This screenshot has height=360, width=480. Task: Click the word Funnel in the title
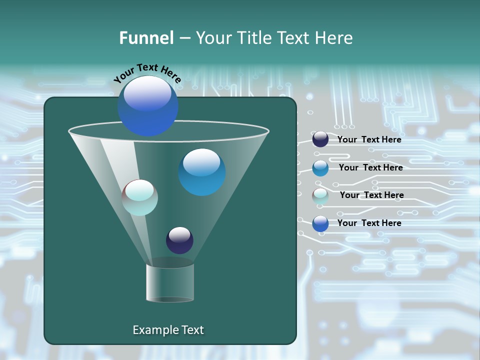pos(146,38)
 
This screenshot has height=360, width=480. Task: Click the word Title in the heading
pos(254,38)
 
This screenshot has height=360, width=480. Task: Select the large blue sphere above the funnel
pos(147,105)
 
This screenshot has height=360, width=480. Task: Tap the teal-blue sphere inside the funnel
pos(201,172)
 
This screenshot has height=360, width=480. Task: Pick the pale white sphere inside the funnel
pos(140,197)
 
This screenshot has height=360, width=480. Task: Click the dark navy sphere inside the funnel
pos(179,240)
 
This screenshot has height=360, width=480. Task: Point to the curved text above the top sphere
pos(147,73)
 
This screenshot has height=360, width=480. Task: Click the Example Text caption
pos(168,330)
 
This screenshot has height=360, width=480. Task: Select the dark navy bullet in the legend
pos(320,139)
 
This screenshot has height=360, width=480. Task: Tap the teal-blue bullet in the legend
pos(320,168)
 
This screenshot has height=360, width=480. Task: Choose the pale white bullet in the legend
pos(320,196)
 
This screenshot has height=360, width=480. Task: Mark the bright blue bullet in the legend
pos(320,223)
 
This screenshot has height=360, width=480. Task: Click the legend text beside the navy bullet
pos(369,140)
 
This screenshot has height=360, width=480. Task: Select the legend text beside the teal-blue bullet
pos(370,168)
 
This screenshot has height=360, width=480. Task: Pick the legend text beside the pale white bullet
pos(371,195)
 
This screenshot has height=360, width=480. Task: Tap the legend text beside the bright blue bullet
pos(369,223)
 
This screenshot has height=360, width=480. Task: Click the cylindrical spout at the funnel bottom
pos(170,282)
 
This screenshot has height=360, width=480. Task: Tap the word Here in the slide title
pos(334,38)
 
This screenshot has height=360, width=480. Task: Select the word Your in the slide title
pos(212,38)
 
